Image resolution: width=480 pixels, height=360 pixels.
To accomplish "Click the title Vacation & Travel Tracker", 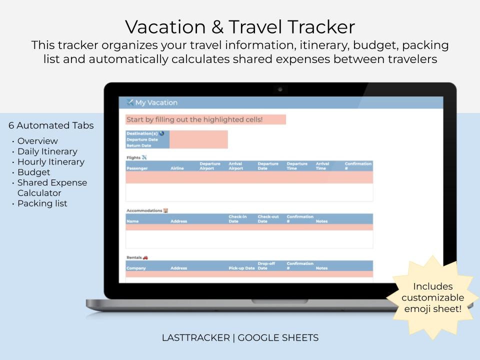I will pyautogui.click(x=240, y=26).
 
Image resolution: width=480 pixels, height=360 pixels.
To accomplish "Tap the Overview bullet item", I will pyautogui.click(x=37, y=141).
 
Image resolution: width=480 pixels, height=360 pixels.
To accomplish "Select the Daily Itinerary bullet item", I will pyautogui.click(x=47, y=151).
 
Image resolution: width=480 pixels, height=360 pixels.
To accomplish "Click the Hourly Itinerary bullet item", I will pyautogui.click(x=50, y=162).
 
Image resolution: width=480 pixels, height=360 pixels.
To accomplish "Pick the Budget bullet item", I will pyautogui.click(x=33, y=172).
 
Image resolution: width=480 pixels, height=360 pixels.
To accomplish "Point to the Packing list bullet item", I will pyautogui.click(x=42, y=203).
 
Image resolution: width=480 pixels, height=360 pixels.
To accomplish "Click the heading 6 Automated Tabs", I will pyautogui.click(x=51, y=125).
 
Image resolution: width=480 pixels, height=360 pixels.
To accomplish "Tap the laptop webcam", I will pyautogui.click(x=280, y=89).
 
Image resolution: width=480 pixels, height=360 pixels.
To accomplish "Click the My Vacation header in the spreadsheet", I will pyautogui.click(x=156, y=103).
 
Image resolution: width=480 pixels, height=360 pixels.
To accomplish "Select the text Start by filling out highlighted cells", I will pyautogui.click(x=194, y=120).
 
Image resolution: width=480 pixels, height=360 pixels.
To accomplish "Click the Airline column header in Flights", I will pyautogui.click(x=177, y=168).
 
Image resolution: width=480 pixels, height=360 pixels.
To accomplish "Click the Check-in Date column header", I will pyautogui.click(x=238, y=219).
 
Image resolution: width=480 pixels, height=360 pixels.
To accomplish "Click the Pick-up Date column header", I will pyautogui.click(x=241, y=268).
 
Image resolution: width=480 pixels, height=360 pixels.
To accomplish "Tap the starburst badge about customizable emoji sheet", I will pyautogui.click(x=432, y=297).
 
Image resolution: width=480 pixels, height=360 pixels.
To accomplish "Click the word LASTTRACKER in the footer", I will pyautogui.click(x=195, y=338).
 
